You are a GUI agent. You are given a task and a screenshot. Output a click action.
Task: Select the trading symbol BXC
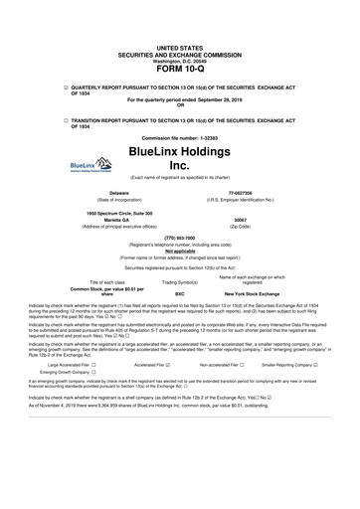180,294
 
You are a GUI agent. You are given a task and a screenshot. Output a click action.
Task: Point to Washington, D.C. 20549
180,58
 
